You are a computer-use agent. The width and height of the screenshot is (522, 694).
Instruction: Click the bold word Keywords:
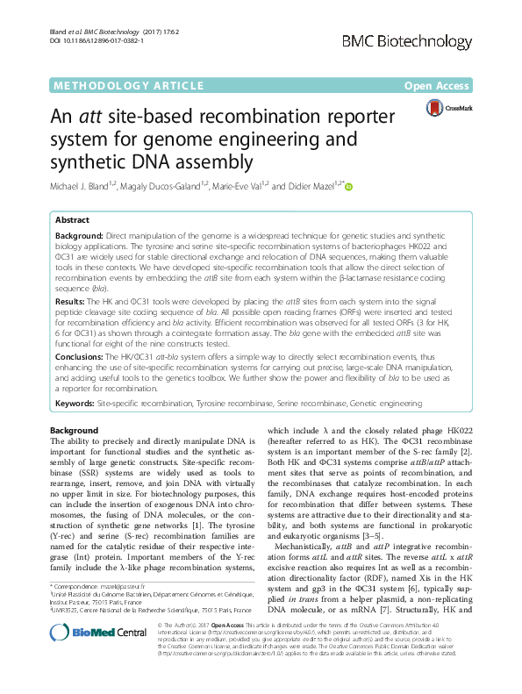click(x=75, y=404)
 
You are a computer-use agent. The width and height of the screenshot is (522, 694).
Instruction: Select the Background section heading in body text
click(x=74, y=431)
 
